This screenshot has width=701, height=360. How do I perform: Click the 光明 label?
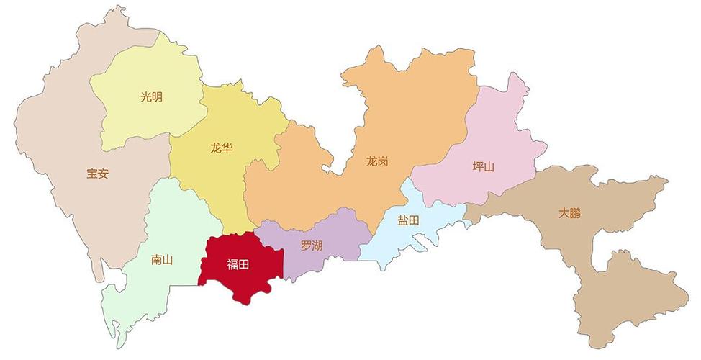coord(151,96)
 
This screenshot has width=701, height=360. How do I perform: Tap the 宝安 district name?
coord(97,174)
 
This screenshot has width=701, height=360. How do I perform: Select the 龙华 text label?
coord(222,149)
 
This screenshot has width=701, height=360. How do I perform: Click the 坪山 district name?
coord(484,166)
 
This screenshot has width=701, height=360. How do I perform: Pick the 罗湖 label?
coord(312,246)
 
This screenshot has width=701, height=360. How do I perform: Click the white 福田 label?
coord(238,264)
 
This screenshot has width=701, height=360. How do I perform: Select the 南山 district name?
coord(162,260)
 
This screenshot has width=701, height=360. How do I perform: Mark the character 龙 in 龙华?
coord(216,149)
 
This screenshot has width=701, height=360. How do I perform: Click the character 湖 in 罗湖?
coord(317,246)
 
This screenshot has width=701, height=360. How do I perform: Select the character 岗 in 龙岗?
coord(383,161)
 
